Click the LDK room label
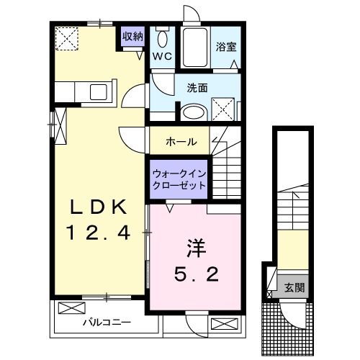coord(99,207)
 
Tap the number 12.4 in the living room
coord(99,233)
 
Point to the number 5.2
coord(194,275)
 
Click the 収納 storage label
coord(132,36)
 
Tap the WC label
coord(161,55)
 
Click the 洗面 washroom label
coord(197,88)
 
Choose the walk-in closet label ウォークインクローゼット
coord(179,179)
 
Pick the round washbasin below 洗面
coord(192,113)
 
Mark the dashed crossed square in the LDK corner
coord(68,37)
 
